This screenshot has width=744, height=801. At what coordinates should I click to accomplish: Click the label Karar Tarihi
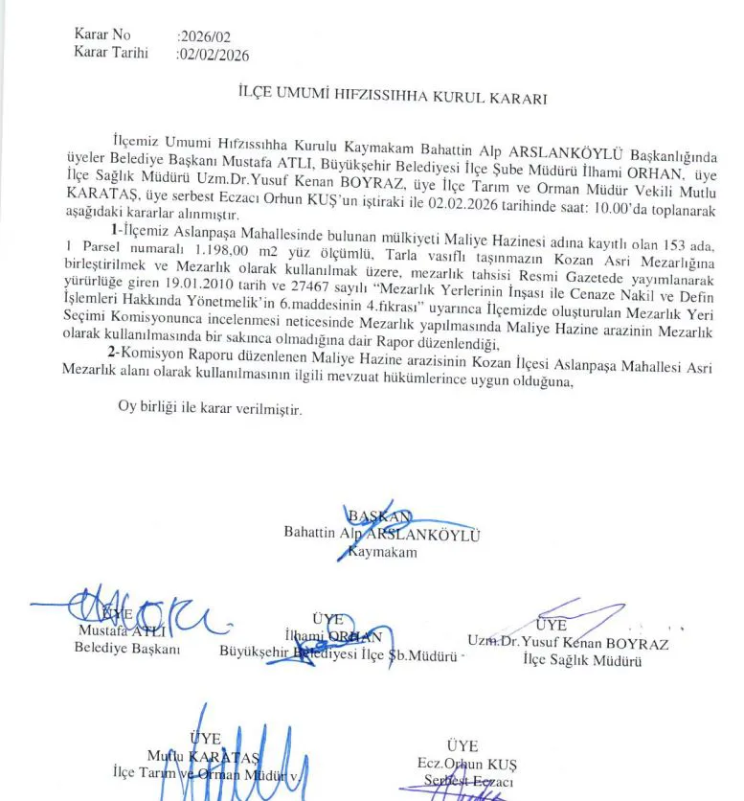[x=111, y=53]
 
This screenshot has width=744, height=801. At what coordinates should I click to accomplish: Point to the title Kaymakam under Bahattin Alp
[x=384, y=553]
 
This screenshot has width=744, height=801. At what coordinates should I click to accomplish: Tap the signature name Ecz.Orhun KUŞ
[x=467, y=764]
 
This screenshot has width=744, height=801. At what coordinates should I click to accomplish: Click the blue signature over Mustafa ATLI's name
[x=134, y=613]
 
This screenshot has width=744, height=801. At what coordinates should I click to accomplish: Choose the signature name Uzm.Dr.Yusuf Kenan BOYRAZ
[x=568, y=643]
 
